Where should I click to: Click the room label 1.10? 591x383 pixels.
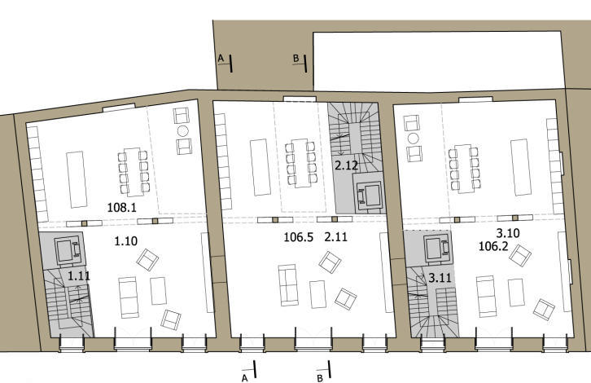[126, 241]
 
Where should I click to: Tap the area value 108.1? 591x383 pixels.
[122, 207]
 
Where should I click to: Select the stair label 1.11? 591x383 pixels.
[79, 275]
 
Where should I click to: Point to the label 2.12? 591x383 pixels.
[347, 165]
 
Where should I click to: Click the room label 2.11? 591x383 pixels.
[336, 237]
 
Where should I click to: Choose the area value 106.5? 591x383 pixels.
[299, 237]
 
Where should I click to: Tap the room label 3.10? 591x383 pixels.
[508, 233]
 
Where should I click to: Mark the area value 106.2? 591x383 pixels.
[493, 246]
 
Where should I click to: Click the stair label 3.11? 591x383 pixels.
[440, 279]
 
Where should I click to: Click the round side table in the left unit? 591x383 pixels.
[183, 131]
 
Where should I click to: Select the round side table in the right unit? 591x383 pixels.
[414, 139]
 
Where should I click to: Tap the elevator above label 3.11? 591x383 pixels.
[437, 249]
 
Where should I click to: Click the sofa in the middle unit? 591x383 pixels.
[288, 285]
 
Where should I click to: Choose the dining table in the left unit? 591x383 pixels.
[133, 172]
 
